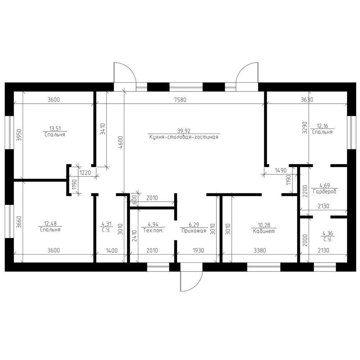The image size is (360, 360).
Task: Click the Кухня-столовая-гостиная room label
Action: click(x=184, y=137)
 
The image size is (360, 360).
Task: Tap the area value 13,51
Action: click(x=55, y=129)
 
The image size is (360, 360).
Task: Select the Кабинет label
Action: click(x=264, y=231)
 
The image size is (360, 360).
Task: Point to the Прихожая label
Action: click(x=194, y=231)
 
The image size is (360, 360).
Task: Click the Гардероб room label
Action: click(x=324, y=191)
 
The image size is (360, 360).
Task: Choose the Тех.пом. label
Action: click(x=153, y=230)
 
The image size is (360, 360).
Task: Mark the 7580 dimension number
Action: click(x=180, y=100)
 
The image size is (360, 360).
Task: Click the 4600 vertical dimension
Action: click(x=121, y=143)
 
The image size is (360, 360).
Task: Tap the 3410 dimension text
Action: click(x=103, y=129)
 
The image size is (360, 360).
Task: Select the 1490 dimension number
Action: click(x=280, y=170)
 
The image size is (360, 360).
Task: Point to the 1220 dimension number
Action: click(x=85, y=172)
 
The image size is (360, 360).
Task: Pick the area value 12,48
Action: click(x=50, y=224)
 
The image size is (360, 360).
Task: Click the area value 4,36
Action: click(x=328, y=234)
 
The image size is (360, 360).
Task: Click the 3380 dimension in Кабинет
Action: click(x=260, y=251)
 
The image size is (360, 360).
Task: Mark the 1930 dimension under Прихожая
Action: click(x=198, y=251)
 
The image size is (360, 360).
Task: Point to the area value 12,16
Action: click(x=322, y=126)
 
